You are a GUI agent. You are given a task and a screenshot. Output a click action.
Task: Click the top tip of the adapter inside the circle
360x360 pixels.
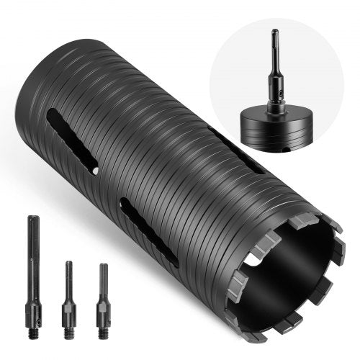274,35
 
